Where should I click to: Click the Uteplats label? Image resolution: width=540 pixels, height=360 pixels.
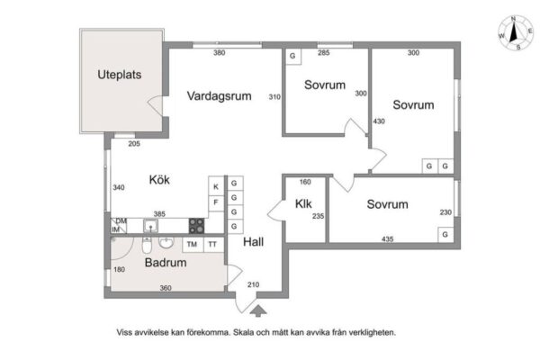(119, 75)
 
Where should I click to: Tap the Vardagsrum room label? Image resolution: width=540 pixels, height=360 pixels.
(219, 95)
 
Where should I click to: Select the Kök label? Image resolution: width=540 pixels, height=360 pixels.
(159, 179)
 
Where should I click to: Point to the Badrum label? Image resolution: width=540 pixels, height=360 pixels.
(166, 263)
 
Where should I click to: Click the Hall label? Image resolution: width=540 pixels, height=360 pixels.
(254, 242)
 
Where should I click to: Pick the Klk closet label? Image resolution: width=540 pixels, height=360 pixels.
(303, 204)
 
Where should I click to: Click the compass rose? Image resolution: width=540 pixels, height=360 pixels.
(515, 33)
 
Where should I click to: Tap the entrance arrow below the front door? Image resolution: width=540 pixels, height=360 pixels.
(258, 310)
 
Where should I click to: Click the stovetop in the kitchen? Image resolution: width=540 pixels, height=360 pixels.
(196, 226)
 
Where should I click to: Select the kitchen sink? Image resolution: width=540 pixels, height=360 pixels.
(150, 226)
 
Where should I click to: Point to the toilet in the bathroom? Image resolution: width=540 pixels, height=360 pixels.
(147, 245)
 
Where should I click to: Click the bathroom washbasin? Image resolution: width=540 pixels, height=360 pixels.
(166, 242)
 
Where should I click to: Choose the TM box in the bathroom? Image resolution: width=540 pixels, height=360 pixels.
(193, 244)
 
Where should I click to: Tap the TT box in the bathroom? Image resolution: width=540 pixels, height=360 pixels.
(213, 244)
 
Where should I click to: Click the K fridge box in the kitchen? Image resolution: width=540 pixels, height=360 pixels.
(216, 186)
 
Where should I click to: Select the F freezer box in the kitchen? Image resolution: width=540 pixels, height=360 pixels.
(216, 202)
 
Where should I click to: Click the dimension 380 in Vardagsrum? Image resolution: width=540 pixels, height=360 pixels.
(220, 53)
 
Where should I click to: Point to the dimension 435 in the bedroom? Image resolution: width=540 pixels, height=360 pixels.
(387, 238)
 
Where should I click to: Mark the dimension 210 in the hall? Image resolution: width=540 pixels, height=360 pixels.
(253, 284)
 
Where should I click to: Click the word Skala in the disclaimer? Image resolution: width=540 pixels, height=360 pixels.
(242, 333)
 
